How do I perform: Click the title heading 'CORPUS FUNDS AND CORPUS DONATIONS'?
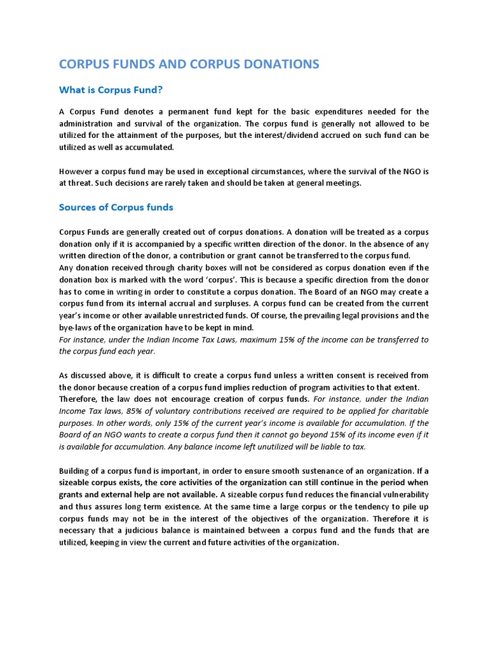coord(189,64)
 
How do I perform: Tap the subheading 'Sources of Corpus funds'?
coord(116,207)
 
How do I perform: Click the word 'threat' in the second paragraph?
coord(82,183)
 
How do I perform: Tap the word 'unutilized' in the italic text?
coord(252,447)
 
